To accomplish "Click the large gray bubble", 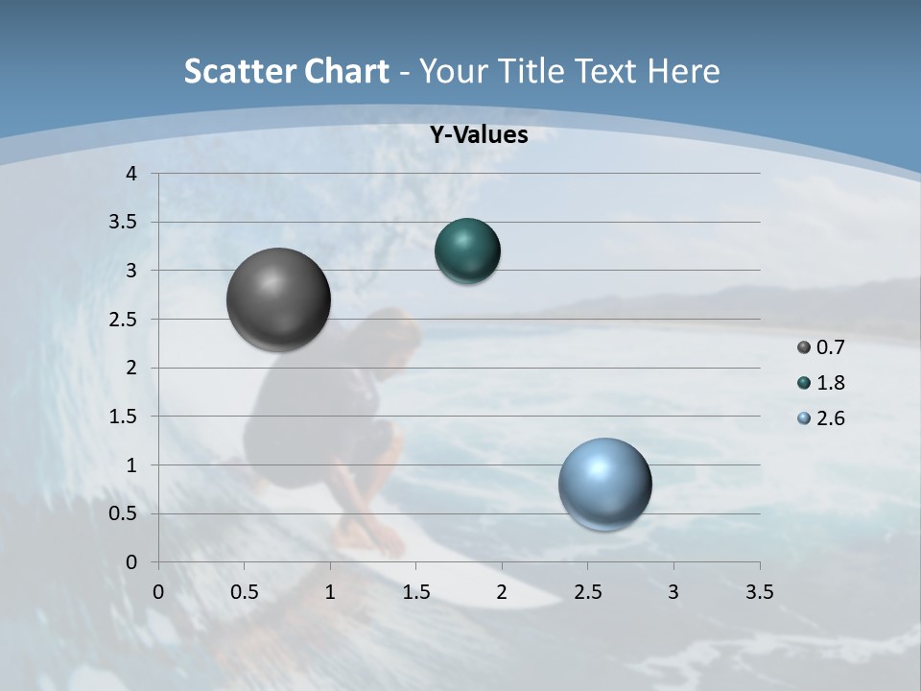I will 278,298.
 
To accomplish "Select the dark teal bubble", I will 467,251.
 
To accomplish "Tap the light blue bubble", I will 604,484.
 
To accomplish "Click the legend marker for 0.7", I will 804,347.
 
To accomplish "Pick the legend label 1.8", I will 830,383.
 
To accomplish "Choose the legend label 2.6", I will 830,418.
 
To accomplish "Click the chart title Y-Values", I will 478,135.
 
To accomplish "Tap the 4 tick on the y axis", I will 132,174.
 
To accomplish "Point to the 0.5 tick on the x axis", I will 244,592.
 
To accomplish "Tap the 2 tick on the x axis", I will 502,592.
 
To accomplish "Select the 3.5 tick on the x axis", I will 760,592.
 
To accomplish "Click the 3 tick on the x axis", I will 673,592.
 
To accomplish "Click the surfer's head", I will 393,330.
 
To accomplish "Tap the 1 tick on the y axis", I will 132,465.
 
